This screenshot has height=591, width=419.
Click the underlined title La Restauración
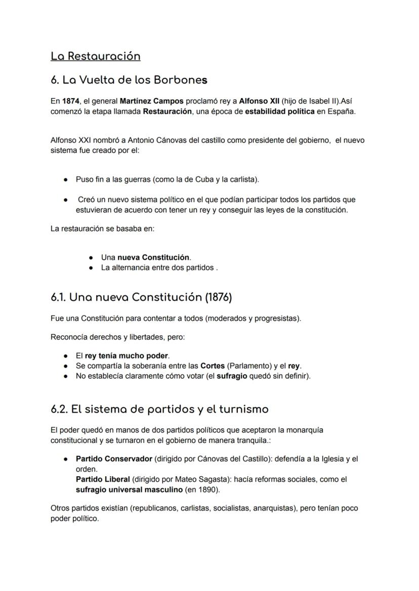95,56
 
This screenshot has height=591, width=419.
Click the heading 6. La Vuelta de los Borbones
129,80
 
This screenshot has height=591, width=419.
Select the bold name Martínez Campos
151,101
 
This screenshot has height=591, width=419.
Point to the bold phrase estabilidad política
280,111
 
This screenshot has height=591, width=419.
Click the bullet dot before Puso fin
66,179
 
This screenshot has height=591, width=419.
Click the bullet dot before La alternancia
91,268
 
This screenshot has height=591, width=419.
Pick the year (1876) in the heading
218,297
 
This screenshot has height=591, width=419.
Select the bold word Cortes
213,366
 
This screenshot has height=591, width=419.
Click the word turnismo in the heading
239,408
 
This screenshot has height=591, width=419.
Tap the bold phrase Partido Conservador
114,459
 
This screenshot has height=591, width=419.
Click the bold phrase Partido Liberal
103,479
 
